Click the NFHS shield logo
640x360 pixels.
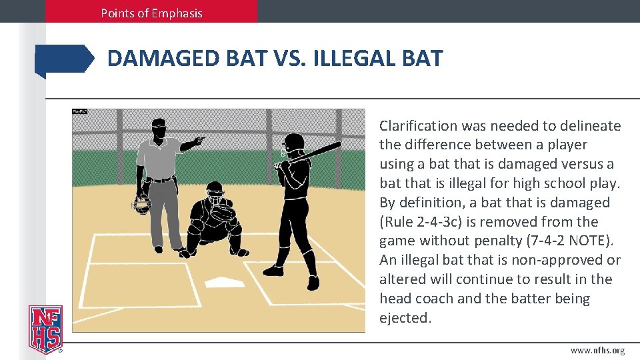point(45,328)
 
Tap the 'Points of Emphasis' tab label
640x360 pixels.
point(151,13)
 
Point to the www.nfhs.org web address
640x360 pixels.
point(598,351)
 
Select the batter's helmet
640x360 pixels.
point(293,142)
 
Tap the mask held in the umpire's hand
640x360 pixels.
point(141,205)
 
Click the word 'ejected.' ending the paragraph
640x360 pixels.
point(405,318)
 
